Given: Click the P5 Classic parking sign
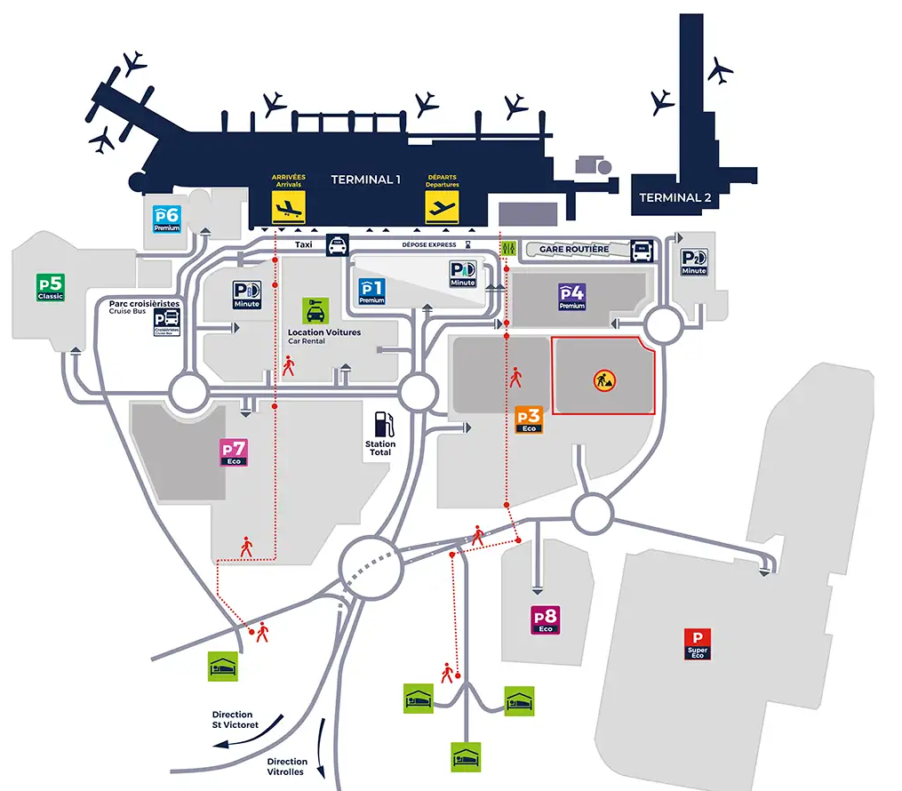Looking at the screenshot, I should pyautogui.click(x=49, y=287).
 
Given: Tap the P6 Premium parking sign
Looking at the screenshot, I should pyautogui.click(x=167, y=219).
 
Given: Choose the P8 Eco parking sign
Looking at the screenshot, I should pyautogui.click(x=546, y=619).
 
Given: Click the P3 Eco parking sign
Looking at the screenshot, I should pyautogui.click(x=529, y=419).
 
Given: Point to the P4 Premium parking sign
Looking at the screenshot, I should pyautogui.click(x=571, y=297).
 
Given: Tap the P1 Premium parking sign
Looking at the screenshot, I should pyautogui.click(x=371, y=292).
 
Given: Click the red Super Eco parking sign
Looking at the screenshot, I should pyautogui.click(x=698, y=643).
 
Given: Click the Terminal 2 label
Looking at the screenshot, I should pyautogui.click(x=675, y=198).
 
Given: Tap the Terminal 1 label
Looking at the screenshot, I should pyautogui.click(x=365, y=180).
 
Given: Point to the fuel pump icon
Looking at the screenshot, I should pyautogui.click(x=381, y=421).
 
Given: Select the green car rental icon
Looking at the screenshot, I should pyautogui.click(x=315, y=310).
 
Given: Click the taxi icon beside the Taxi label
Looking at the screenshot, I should pyautogui.click(x=338, y=245).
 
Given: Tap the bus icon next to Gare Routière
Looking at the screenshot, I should pyautogui.click(x=642, y=252).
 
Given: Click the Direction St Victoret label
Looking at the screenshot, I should pyautogui.click(x=232, y=720).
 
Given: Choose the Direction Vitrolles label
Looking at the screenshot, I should pyautogui.click(x=287, y=766).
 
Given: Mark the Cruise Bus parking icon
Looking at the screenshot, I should pyautogui.click(x=167, y=322).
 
